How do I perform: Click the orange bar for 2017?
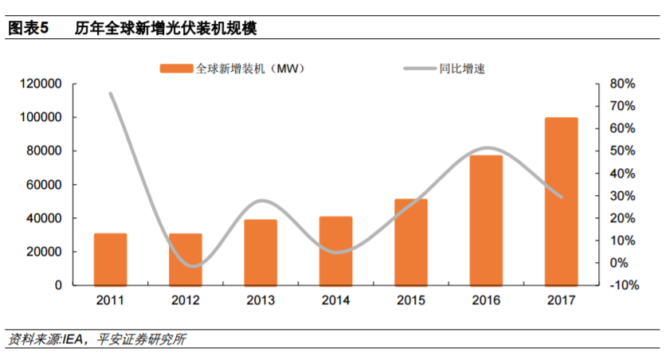click(x=561, y=202)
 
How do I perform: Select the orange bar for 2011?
click(x=111, y=259)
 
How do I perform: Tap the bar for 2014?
click(x=335, y=251)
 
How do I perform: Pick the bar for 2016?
click(x=486, y=220)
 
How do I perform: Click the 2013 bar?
click(x=261, y=252)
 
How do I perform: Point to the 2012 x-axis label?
click(x=185, y=300)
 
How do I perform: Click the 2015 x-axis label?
click(x=410, y=300)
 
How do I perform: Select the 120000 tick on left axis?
click(x=41, y=84)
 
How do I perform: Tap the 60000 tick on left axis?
click(x=45, y=185)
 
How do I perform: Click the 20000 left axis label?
click(x=45, y=252)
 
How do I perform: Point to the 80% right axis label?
click(x=622, y=84)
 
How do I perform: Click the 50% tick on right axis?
click(x=622, y=151)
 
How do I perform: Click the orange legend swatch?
click(x=176, y=68)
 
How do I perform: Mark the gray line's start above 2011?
click(x=111, y=94)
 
